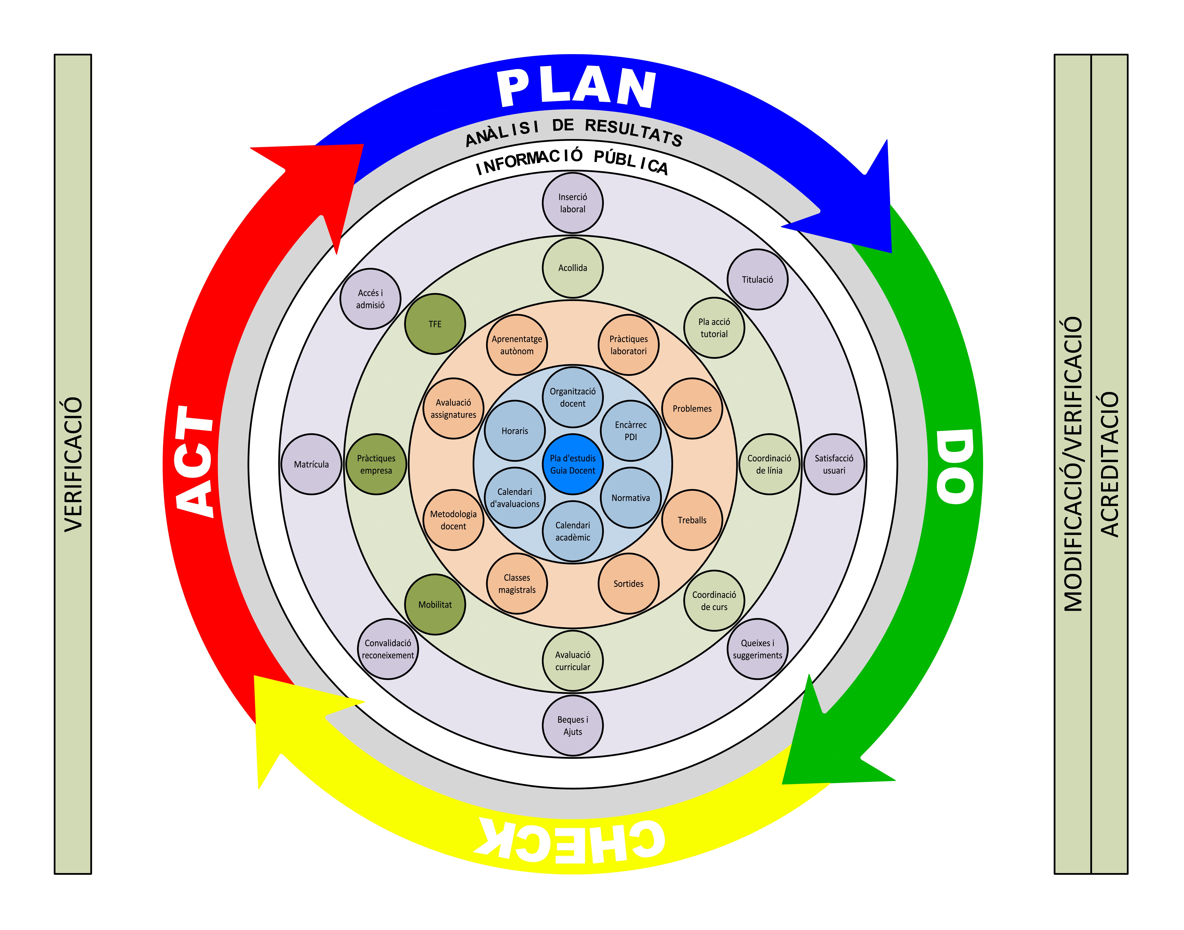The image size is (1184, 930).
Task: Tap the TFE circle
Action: click(x=435, y=324)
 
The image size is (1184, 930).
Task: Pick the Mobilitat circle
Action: click(x=435, y=604)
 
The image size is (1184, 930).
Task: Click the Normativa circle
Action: click(x=631, y=498)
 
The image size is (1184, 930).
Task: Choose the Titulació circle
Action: click(x=757, y=279)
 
